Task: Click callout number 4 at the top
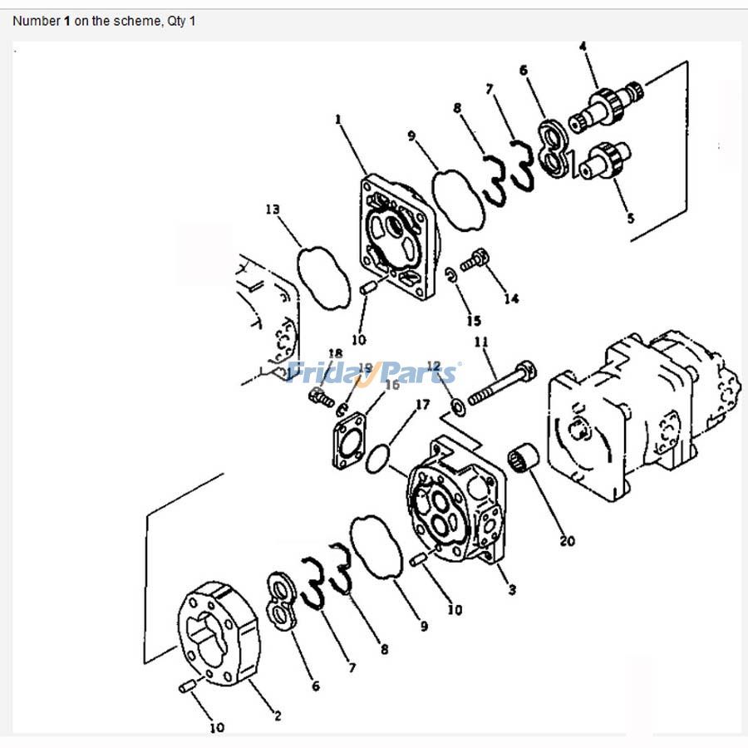pyautogui.click(x=583, y=45)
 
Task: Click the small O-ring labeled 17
pyautogui.click(x=378, y=457)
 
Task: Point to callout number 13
pyautogui.click(x=273, y=209)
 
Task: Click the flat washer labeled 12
pyautogui.click(x=456, y=406)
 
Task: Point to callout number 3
pyautogui.click(x=512, y=590)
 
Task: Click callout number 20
pyautogui.click(x=567, y=541)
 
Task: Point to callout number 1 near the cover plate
pyautogui.click(x=338, y=120)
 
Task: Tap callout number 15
pyautogui.click(x=473, y=321)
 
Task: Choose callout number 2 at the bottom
pyautogui.click(x=277, y=715)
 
